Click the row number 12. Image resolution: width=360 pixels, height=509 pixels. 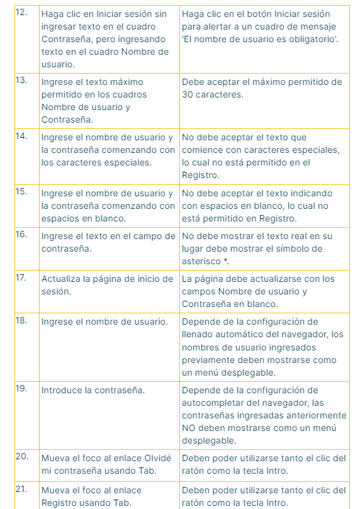[x=21, y=13]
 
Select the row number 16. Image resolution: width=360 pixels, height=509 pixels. [x=21, y=234]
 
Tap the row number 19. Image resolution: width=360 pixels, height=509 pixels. [x=21, y=388]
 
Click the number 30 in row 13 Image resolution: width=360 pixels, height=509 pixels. [x=189, y=94]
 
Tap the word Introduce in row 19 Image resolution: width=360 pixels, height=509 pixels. [x=62, y=390]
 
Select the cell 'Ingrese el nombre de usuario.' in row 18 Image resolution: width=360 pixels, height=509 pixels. [x=104, y=322]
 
